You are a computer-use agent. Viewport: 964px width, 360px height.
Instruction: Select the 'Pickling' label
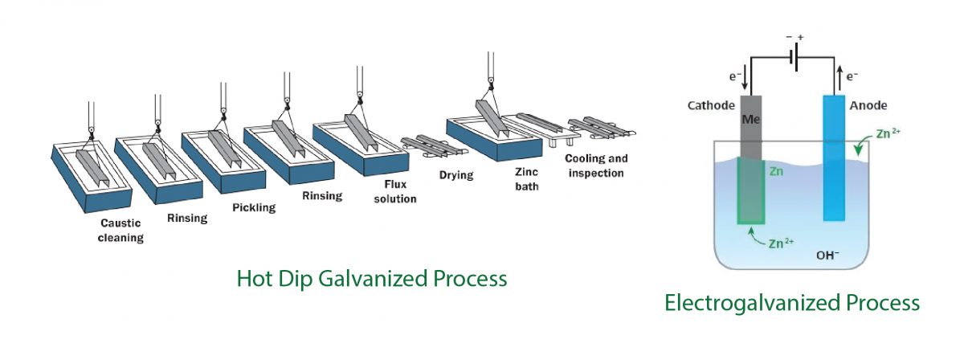click(253, 207)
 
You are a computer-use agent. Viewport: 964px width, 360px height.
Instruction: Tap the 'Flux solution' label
click(395, 192)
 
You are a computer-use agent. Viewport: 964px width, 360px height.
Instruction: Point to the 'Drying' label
click(455, 174)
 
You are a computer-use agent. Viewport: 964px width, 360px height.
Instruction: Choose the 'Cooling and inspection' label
click(594, 166)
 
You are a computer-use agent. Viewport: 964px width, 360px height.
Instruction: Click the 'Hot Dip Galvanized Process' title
click(371, 279)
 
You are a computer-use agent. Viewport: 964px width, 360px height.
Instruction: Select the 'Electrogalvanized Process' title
click(791, 303)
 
